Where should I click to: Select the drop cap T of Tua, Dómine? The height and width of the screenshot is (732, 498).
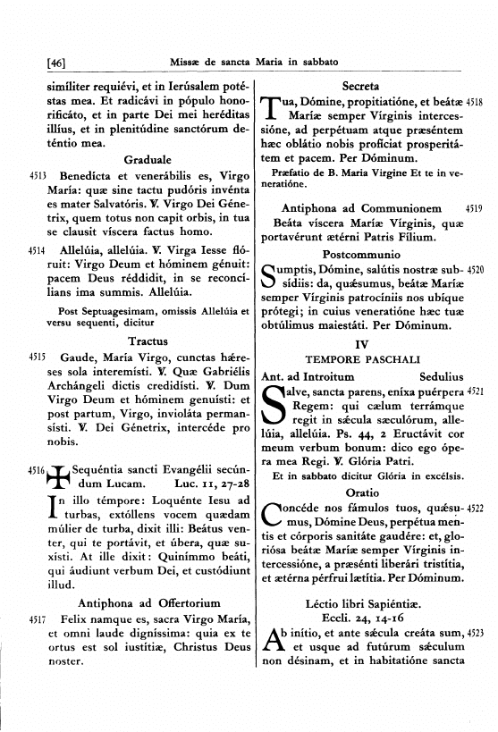click(274, 112)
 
